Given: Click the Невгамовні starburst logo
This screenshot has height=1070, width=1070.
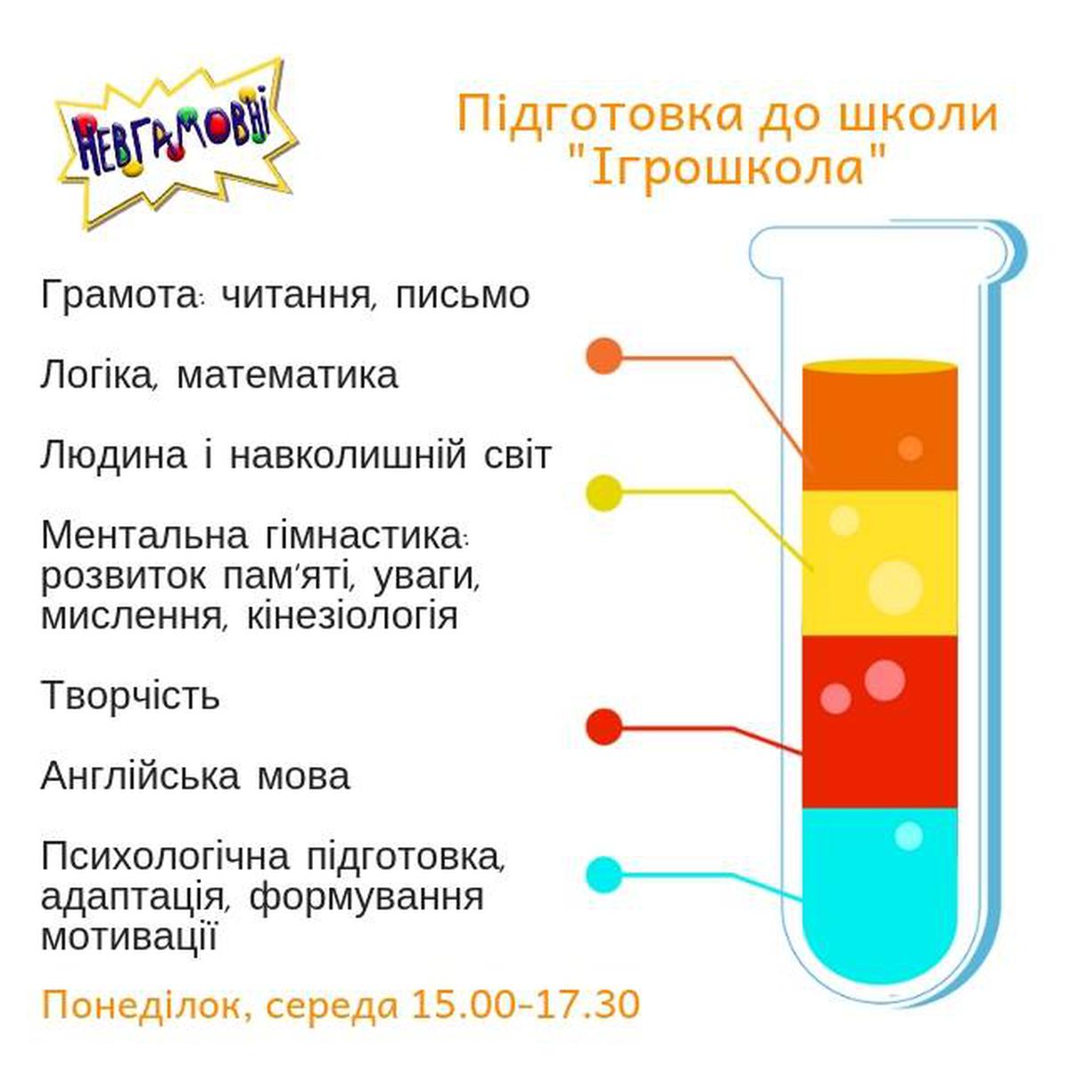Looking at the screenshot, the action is click(x=177, y=144).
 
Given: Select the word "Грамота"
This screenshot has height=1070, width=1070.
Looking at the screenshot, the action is click(x=120, y=296).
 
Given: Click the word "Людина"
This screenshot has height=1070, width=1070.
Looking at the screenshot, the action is click(x=114, y=457).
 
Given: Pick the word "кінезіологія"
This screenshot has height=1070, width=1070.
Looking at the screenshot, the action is click(x=352, y=617).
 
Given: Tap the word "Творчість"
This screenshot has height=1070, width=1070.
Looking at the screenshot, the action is click(x=130, y=695).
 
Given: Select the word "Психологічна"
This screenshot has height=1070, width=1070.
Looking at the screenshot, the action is click(x=166, y=858).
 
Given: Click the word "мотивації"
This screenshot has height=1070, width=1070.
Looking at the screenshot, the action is click(x=128, y=939).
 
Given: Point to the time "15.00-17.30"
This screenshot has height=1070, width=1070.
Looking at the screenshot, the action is click(x=524, y=1005).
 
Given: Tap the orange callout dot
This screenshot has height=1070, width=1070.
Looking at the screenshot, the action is click(x=605, y=356).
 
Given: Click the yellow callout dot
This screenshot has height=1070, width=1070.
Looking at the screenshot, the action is click(x=605, y=493).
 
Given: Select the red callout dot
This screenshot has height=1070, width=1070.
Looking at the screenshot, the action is click(x=605, y=727).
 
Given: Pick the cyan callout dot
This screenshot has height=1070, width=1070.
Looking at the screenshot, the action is click(x=605, y=876).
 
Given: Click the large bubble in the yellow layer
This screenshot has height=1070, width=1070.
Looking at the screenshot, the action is click(x=895, y=588).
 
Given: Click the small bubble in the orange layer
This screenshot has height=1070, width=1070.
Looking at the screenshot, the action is click(x=910, y=448).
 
